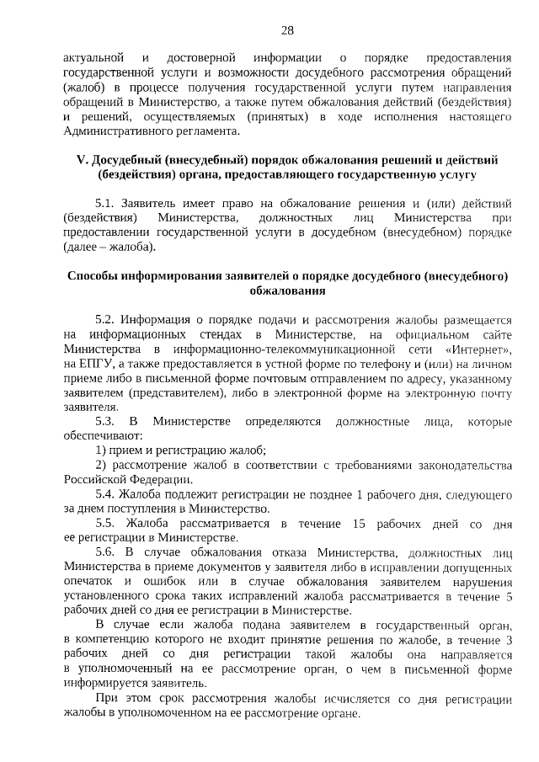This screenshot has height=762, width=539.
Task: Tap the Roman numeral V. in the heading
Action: pos(82,159)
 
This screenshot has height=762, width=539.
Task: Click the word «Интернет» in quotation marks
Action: pos(481,349)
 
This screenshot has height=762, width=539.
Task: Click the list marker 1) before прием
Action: pos(100,450)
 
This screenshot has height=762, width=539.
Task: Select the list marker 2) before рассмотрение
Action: pos(100,465)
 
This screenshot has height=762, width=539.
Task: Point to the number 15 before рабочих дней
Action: pos(358,524)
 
